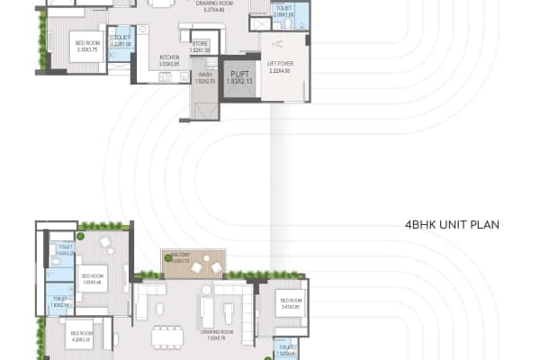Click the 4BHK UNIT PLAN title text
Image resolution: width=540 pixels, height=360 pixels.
click(452, 224)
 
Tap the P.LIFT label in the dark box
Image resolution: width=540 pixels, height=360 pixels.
click(238, 75)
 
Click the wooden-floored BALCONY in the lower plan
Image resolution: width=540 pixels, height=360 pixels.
click(188, 264)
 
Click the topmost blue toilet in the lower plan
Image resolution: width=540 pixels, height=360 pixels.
click(65, 250)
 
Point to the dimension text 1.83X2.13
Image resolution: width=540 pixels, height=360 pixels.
click(238, 82)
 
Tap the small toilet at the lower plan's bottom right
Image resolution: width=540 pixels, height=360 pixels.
click(285, 349)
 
